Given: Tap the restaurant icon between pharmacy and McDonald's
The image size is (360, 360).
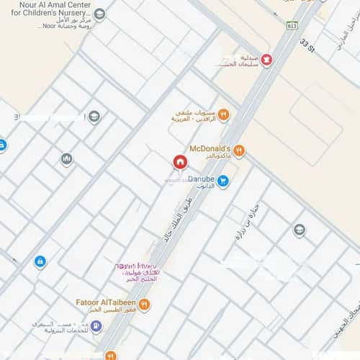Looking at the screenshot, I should click(x=223, y=114).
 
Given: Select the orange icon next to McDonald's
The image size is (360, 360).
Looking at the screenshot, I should click(x=239, y=150).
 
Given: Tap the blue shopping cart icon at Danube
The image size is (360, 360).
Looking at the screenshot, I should click(x=223, y=181).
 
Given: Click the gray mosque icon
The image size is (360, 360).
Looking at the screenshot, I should click(x=66, y=158).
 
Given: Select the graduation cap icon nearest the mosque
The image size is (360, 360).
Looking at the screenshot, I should click(x=94, y=117).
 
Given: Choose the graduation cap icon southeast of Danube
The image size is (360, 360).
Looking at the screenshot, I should click(x=299, y=230).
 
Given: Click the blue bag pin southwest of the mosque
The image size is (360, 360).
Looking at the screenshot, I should click(x=40, y=261).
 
